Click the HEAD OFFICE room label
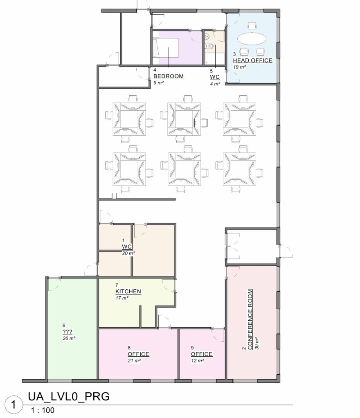pos(252,60)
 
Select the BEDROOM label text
pos(169,76)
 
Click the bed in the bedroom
pos(165,47)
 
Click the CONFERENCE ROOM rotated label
pos(250,320)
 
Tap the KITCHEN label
pos(128,291)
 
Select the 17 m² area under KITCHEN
pos(122,298)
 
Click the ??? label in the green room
pos(67,332)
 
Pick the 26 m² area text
pos(69,338)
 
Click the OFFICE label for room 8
pos(138,354)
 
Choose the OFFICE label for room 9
pos(202,354)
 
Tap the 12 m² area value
pos(198,361)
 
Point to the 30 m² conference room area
pos(257,343)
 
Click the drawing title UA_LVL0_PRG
pos(69,397)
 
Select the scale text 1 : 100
pos(43,410)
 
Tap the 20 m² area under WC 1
pos(128,253)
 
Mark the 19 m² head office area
pos(239,67)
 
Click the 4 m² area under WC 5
pos(215,84)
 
